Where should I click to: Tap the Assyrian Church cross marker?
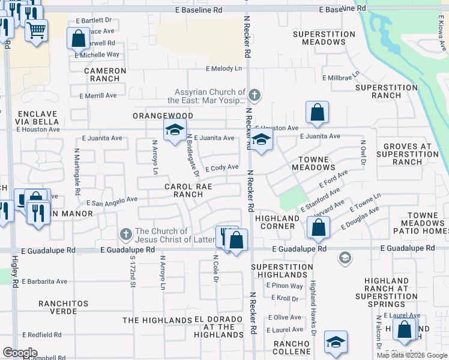pyautogui.click(x=255, y=95)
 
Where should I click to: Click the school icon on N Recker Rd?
pyautogui.click(x=261, y=140)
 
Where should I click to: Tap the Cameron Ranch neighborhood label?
pyautogui.click(x=105, y=75)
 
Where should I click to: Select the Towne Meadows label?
pyautogui.click(x=313, y=164)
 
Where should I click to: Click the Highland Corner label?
pyautogui.click(x=277, y=222)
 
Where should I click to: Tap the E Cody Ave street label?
pyautogui.click(x=222, y=168)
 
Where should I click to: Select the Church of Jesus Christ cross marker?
pyautogui.click(x=125, y=233)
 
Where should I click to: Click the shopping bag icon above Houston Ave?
pyautogui.click(x=316, y=112)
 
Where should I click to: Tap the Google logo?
pyautogui.click(x=20, y=353)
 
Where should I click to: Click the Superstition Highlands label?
pyautogui.click(x=279, y=271)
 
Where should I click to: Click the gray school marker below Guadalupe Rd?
pyautogui.click(x=345, y=259)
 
